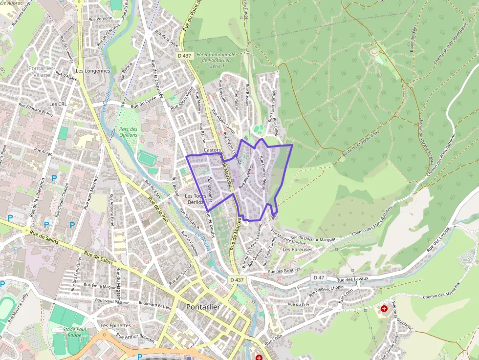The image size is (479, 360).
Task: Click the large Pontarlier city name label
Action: pos(203,306)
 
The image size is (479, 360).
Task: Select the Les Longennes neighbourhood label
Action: pos(93,71)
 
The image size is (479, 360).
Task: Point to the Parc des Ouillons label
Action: pos(128,132)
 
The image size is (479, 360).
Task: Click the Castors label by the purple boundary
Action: pos(213,150)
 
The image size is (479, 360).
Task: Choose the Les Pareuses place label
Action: pos(297,249)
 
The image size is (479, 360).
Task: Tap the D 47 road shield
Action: pos(319,278)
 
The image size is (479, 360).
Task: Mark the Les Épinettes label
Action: pos(116,325)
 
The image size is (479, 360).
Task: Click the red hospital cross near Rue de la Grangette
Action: pos(384,309)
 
